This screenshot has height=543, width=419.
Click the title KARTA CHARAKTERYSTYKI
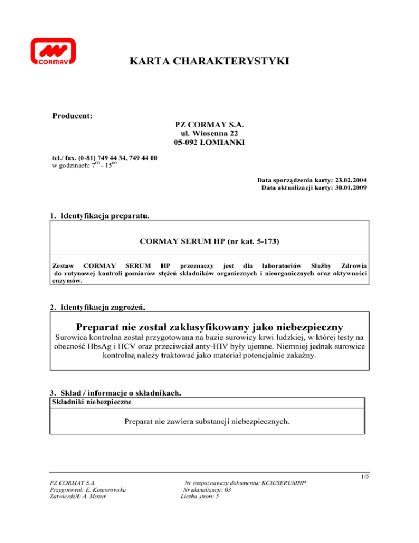point(209,63)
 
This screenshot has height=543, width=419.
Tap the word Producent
point(71,116)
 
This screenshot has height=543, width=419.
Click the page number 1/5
point(365,476)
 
